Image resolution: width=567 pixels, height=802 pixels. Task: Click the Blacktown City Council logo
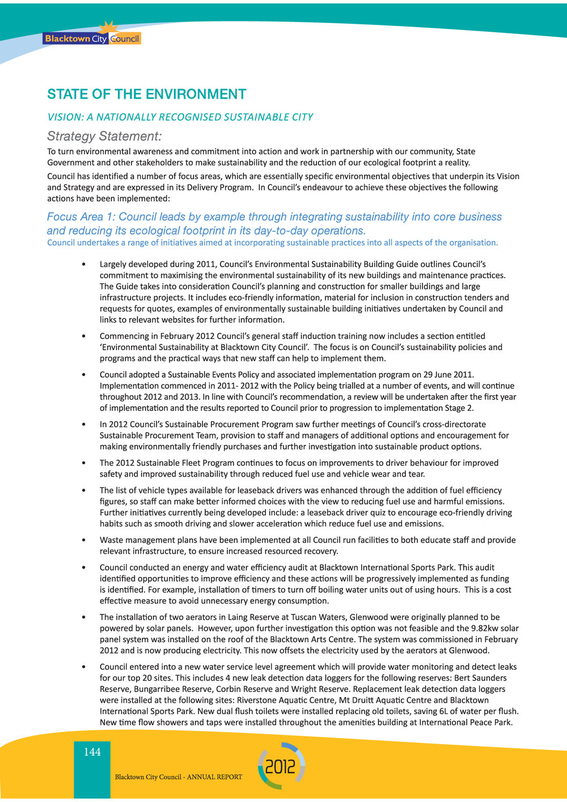point(92,39)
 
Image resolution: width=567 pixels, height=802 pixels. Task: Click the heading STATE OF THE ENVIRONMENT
point(146,94)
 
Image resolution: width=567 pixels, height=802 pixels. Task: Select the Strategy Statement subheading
point(104,136)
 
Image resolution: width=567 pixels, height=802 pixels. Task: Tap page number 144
point(92,752)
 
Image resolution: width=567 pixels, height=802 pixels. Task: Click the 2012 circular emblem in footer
point(281,766)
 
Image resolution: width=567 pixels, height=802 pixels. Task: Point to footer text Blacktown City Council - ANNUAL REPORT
point(178,777)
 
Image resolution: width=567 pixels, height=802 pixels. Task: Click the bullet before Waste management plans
point(84,540)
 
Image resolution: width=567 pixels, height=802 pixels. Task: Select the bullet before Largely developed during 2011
point(84,264)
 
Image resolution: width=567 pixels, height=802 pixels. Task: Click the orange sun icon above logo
point(107,28)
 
